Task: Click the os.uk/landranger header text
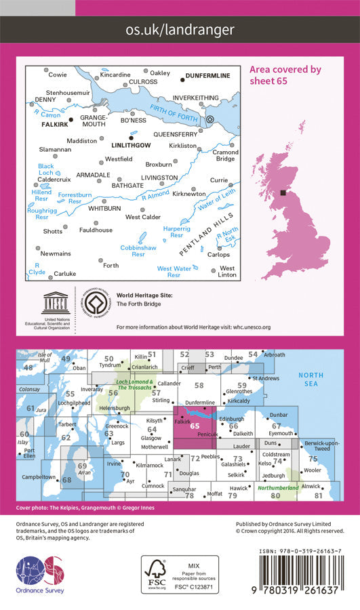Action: point(180,30)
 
